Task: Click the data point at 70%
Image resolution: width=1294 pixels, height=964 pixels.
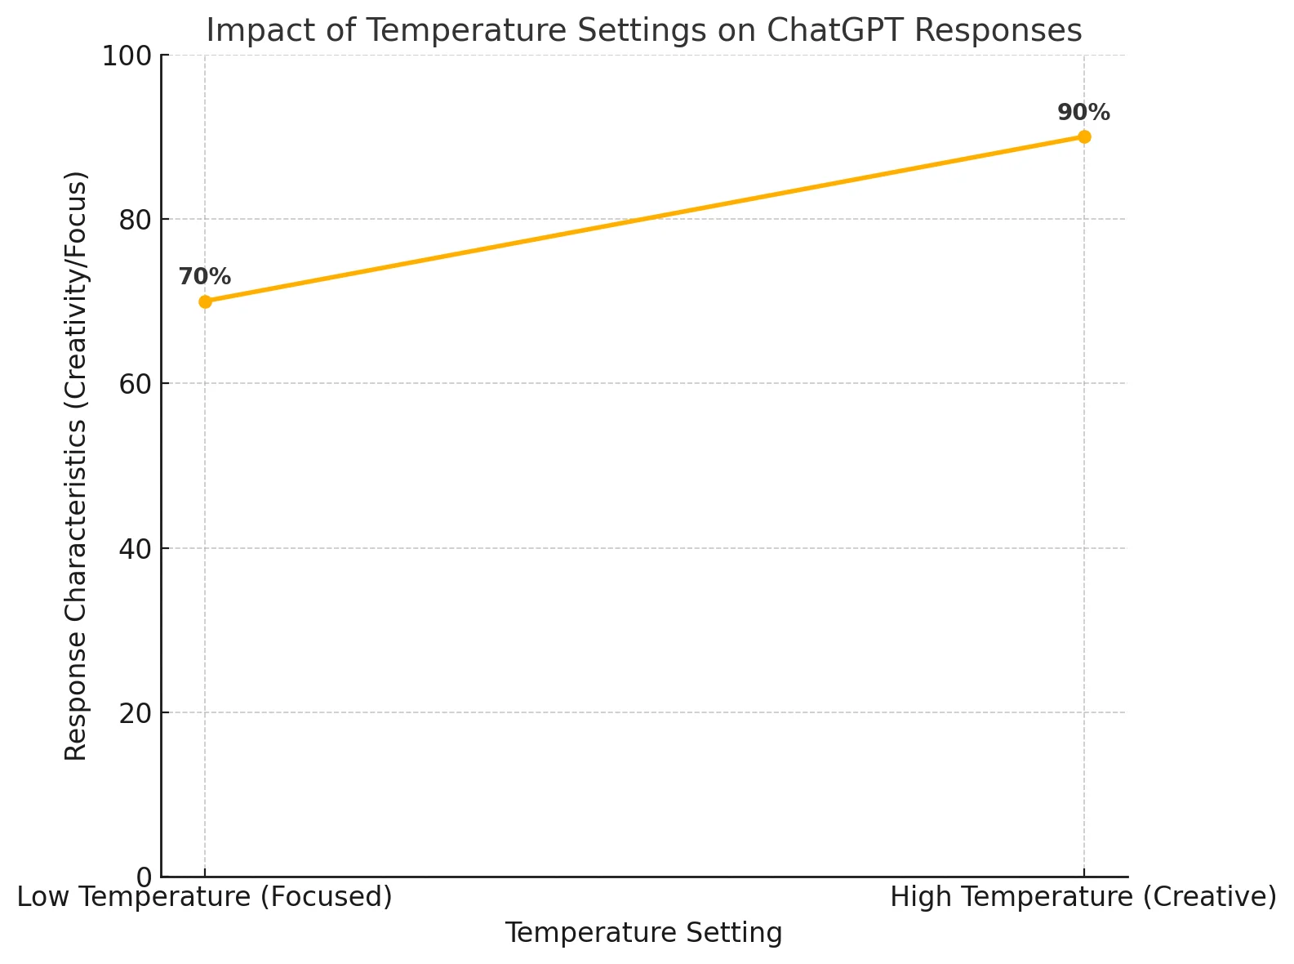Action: tap(205, 301)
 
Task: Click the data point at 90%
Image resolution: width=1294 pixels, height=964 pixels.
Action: tap(1084, 136)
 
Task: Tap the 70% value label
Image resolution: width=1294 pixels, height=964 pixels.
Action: tap(205, 277)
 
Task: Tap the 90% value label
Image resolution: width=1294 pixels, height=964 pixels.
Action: tap(1083, 113)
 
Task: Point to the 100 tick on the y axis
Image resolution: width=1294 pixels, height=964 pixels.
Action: tap(126, 56)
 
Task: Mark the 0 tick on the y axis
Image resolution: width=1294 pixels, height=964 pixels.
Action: tap(144, 877)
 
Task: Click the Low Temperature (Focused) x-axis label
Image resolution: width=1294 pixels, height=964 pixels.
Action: tap(205, 897)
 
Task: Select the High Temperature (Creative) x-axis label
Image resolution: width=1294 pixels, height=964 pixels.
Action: tap(1083, 897)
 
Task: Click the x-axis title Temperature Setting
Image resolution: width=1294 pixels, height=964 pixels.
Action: tap(643, 933)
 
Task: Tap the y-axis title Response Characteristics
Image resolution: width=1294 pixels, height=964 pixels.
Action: tap(76, 466)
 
